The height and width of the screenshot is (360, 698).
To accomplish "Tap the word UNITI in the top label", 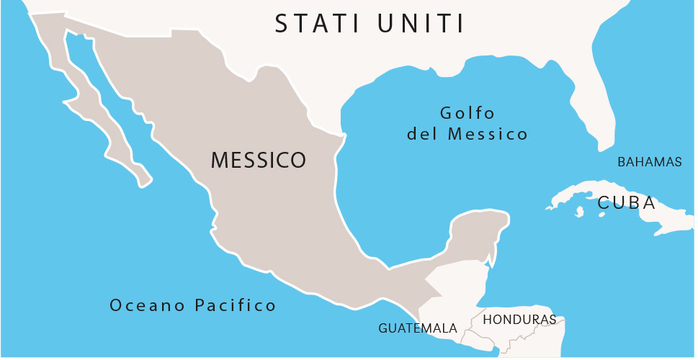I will pyautogui.click(x=421, y=23).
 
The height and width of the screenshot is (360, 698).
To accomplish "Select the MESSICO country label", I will pyautogui.click(x=259, y=160).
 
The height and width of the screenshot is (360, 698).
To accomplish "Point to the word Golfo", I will pyautogui.click(x=467, y=113).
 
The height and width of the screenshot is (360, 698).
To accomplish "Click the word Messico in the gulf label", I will pyautogui.click(x=488, y=134).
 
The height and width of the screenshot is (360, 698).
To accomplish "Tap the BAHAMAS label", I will pyautogui.click(x=649, y=162).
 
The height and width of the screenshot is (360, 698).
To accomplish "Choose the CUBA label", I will pyautogui.click(x=626, y=203).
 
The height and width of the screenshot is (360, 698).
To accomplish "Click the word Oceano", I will pyautogui.click(x=147, y=305).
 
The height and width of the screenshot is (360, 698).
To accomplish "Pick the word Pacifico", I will pyautogui.click(x=236, y=305).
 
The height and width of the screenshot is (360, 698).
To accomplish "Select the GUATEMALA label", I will pyautogui.click(x=418, y=328).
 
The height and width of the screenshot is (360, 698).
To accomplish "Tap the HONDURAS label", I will pyautogui.click(x=519, y=319).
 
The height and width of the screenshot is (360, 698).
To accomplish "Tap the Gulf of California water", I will pyautogui.click(x=108, y=86).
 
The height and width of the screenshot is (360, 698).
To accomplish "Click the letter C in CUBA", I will pyautogui.click(x=604, y=203).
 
